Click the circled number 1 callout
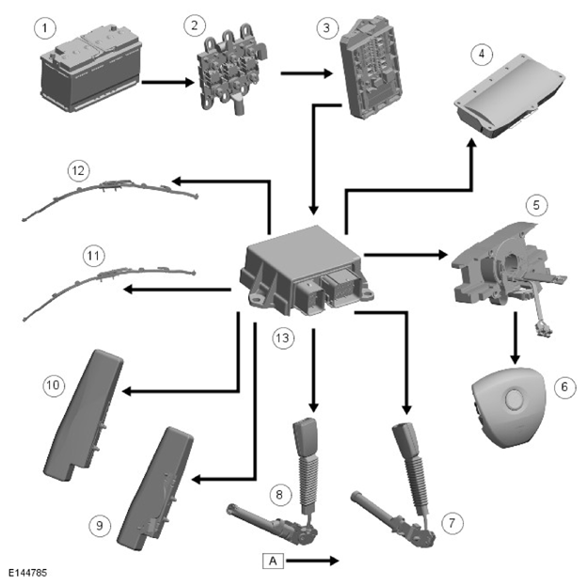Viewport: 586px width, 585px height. click(45, 28)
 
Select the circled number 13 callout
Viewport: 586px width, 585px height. click(283, 339)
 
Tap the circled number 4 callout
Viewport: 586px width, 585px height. click(482, 54)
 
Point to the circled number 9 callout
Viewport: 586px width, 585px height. click(100, 526)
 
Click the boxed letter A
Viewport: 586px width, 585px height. click(273, 561)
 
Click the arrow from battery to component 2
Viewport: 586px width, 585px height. click(168, 82)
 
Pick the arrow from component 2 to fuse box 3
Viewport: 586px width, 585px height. click(307, 73)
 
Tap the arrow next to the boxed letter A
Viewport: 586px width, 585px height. click(312, 561)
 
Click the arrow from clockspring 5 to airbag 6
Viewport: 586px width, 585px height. click(515, 338)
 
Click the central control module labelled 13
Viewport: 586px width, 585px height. click(307, 270)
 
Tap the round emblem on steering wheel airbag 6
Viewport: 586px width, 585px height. click(514, 400)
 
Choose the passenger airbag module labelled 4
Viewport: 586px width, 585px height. click(510, 97)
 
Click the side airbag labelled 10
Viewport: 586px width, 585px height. click(84, 415)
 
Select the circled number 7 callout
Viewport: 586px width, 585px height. click(452, 523)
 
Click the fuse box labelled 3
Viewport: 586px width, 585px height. click(372, 68)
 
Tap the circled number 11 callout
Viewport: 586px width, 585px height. click(93, 256)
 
